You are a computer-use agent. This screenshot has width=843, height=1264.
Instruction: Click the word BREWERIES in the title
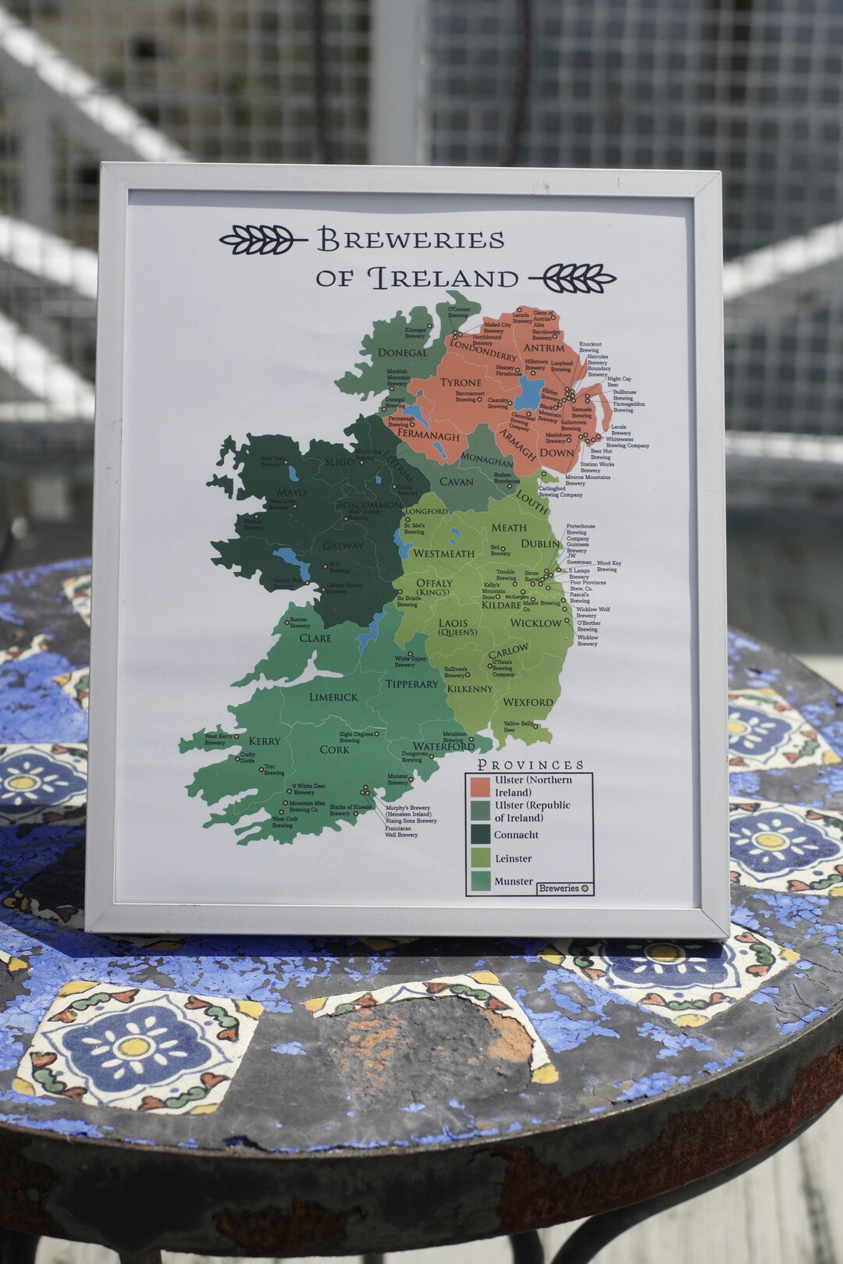pyautogui.click(x=411, y=240)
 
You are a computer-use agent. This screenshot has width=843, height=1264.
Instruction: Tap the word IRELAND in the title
pyautogui.click(x=443, y=278)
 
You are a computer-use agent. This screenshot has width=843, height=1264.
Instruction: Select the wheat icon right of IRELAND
pyautogui.click(x=574, y=277)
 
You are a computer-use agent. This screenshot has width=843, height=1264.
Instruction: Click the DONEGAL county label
pyautogui.click(x=402, y=353)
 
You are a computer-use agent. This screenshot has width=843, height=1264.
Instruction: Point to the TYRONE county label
pyautogui.click(x=461, y=382)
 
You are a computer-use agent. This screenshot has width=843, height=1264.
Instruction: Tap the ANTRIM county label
pyautogui.click(x=543, y=348)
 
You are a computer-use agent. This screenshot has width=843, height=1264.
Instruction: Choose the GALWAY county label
pyautogui.click(x=343, y=545)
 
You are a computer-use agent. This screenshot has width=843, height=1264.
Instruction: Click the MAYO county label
pyautogui.click(x=292, y=492)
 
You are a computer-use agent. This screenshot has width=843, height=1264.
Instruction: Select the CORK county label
pyautogui.click(x=334, y=749)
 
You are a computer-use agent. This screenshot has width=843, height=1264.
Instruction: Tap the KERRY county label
pyautogui.click(x=264, y=740)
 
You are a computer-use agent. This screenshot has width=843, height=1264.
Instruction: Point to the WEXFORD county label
pyautogui.click(x=528, y=702)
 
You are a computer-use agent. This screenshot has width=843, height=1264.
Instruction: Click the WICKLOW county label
pyautogui.click(x=535, y=623)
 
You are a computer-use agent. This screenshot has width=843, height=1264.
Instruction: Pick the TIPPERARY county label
pyautogui.click(x=412, y=684)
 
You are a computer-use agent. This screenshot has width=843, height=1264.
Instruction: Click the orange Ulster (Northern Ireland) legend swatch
pyautogui.click(x=480, y=786)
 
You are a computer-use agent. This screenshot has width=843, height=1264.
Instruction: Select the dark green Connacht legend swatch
pyautogui.click(x=480, y=834)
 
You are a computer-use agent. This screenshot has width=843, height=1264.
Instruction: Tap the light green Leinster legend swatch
pyautogui.click(x=480, y=858)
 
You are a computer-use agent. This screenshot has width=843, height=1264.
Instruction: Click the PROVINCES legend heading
pyautogui.click(x=530, y=765)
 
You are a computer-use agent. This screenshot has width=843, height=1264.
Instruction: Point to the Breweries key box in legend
pyautogui.click(x=564, y=888)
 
